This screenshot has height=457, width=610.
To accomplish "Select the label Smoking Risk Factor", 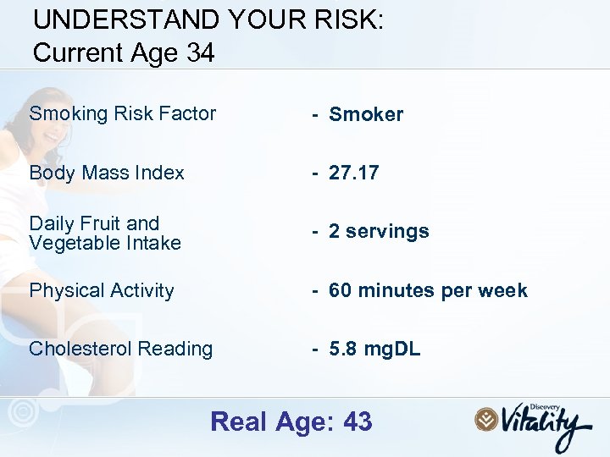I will (x=123, y=113).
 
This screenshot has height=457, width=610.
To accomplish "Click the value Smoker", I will (x=366, y=114).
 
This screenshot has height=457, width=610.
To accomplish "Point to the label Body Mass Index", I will (x=107, y=173).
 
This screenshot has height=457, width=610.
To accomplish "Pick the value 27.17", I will (x=354, y=173).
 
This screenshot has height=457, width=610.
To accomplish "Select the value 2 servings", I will (x=379, y=231).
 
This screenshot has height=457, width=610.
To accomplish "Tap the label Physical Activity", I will (x=102, y=290).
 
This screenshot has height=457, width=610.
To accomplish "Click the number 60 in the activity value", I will (x=341, y=290).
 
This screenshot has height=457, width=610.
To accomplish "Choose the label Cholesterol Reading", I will (x=121, y=349).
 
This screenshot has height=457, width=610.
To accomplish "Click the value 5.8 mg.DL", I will (x=374, y=349).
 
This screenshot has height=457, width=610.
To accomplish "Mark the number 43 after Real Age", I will (x=358, y=421).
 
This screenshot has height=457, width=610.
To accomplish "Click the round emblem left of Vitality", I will (x=486, y=419).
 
